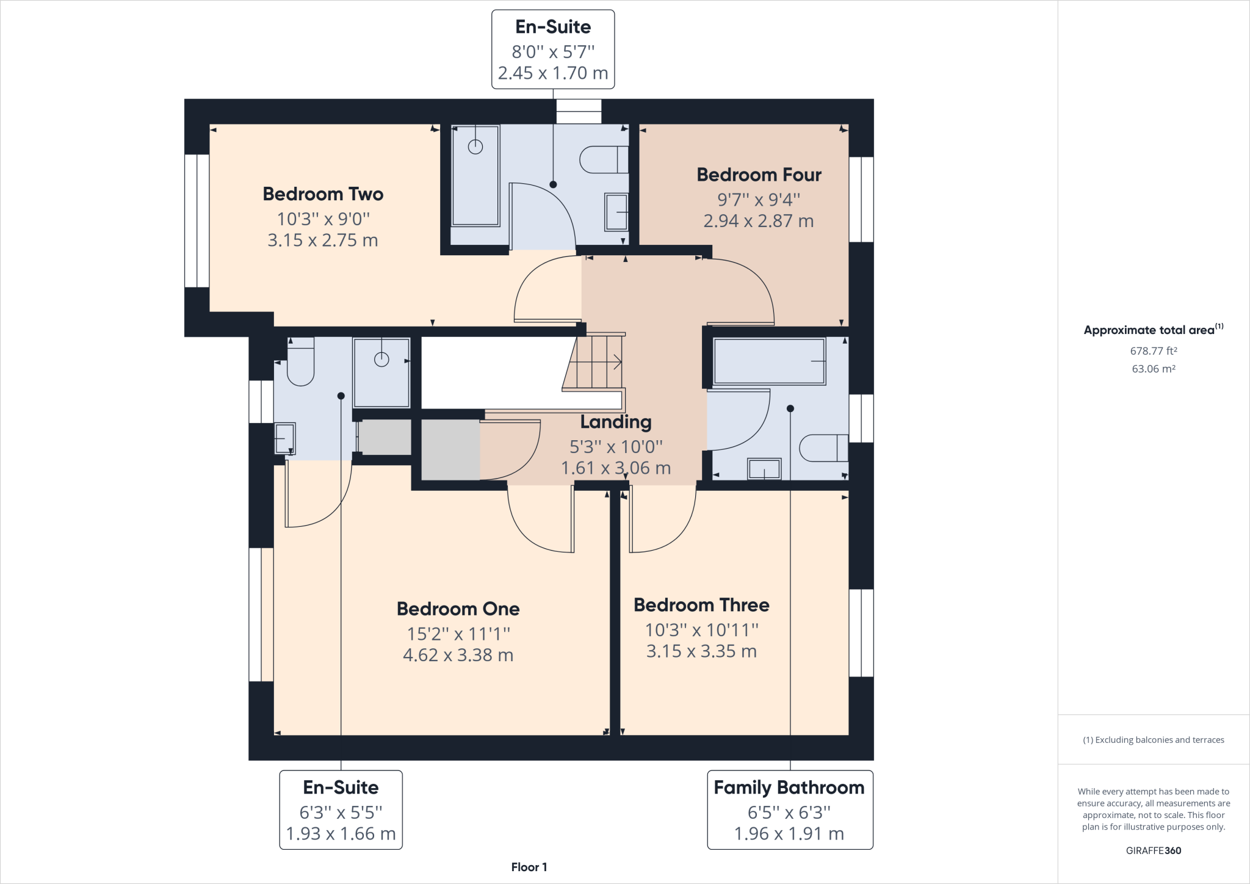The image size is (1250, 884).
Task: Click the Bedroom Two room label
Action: (x=323, y=194)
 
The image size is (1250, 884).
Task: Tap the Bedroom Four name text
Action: (x=759, y=175)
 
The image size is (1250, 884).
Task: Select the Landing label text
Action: (x=615, y=422)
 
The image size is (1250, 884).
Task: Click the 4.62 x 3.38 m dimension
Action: (x=458, y=655)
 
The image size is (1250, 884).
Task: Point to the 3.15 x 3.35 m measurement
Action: (x=701, y=651)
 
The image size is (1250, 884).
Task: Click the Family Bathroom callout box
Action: (x=790, y=810)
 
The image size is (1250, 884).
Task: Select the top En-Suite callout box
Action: (x=553, y=49)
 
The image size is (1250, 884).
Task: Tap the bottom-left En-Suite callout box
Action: (x=341, y=810)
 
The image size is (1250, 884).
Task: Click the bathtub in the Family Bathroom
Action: (x=769, y=361)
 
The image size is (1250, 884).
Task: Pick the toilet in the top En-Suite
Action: (x=603, y=159)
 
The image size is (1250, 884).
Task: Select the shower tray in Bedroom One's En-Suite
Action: (x=381, y=372)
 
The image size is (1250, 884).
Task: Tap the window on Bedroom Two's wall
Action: (x=197, y=220)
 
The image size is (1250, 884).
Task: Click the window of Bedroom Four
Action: (x=861, y=200)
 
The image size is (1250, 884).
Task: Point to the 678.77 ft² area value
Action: (x=1153, y=351)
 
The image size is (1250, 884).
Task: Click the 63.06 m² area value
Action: (x=1153, y=369)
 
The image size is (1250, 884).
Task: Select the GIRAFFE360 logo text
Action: (x=1153, y=850)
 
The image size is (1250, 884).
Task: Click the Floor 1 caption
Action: (x=529, y=867)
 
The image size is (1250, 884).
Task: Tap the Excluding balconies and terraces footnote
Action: (x=1153, y=740)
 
